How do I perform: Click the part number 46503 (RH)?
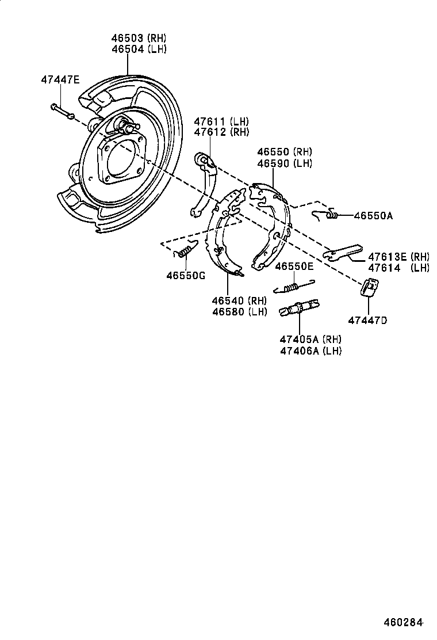(x=139, y=39)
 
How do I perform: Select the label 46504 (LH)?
(x=139, y=49)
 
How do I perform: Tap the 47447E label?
(x=60, y=79)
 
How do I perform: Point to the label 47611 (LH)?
(x=221, y=121)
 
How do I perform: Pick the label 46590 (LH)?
(x=284, y=163)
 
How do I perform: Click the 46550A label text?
(x=373, y=216)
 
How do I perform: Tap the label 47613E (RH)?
(x=398, y=257)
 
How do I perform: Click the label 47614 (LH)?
(x=398, y=268)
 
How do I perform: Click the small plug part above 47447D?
(x=370, y=287)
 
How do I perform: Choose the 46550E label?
(x=294, y=266)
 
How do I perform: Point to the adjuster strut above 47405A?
(x=299, y=308)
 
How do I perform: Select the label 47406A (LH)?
(x=310, y=351)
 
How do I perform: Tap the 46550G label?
(x=186, y=275)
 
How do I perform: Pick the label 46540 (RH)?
(x=239, y=301)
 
